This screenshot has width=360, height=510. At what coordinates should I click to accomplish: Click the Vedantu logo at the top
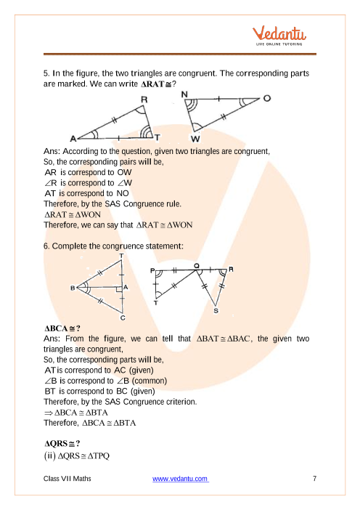coord(279,36)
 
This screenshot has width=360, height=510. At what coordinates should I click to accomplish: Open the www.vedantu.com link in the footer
coord(180,479)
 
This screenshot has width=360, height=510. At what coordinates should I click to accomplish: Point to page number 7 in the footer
coord(314,479)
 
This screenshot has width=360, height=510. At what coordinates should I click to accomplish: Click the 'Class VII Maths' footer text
coord(67,479)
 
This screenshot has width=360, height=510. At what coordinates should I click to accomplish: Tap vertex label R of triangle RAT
coord(144,100)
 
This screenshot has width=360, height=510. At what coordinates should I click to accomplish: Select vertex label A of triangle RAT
coord(73,139)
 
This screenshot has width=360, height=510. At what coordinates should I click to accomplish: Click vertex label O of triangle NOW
coord(267,98)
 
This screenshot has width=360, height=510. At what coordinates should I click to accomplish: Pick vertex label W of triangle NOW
coord(195,139)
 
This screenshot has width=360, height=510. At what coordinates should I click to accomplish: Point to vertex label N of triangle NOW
coord(184,94)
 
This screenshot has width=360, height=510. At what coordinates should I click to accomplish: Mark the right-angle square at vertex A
coord(119,289)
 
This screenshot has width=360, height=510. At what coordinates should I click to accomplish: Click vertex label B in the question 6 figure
coord(73,288)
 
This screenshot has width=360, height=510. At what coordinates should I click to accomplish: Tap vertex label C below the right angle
coord(123,317)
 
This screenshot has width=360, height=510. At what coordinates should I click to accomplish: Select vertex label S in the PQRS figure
coord(216,311)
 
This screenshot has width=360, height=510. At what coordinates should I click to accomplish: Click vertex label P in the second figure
coord(152,270)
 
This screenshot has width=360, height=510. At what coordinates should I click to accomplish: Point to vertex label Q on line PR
coord(196,266)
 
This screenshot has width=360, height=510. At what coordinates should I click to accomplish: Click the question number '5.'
coord(46,73)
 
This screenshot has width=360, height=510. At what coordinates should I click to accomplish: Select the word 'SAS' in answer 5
coord(112,204)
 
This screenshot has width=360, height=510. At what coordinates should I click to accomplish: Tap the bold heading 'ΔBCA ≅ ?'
coord(62,328)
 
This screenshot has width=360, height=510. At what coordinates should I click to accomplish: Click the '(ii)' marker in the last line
coord(49,456)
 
